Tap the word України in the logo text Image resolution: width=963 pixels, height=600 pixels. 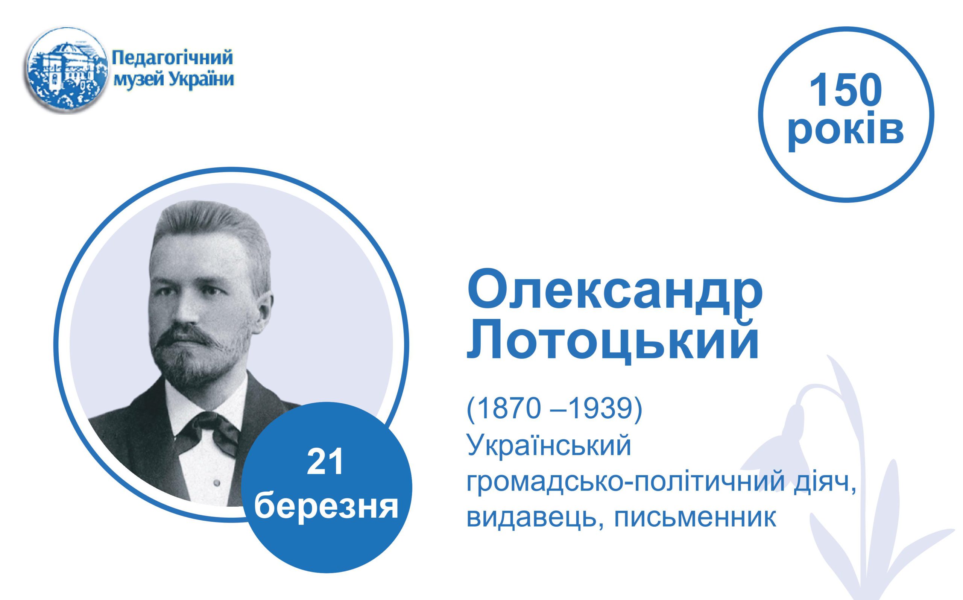[x=202, y=80]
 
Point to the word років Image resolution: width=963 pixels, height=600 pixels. [x=846, y=130]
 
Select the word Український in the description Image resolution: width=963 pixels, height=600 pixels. [x=549, y=446]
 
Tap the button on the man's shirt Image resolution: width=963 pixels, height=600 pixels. [x=216, y=483]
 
